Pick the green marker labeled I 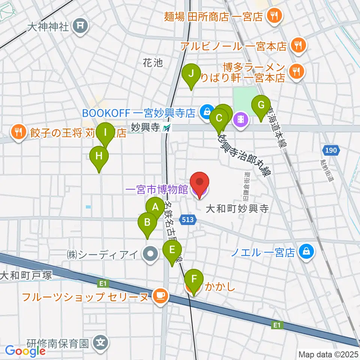coord(106,133)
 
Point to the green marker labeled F coord(194,280)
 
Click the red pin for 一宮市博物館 coord(199,183)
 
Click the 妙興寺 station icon coord(166,128)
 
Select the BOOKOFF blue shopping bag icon coord(205,111)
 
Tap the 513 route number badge coord(188,219)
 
